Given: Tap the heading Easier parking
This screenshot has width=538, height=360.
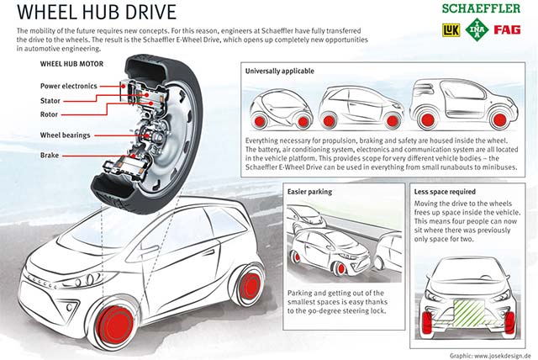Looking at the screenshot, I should click(310, 192).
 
